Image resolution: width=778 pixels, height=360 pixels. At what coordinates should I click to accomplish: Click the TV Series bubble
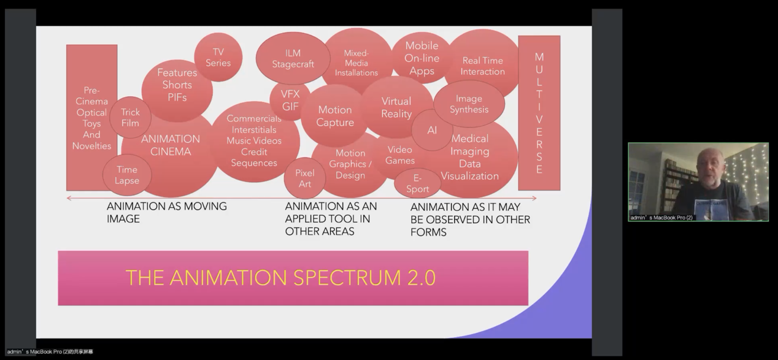[218, 57]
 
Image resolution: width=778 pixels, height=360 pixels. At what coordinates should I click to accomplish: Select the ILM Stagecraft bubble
[293, 58]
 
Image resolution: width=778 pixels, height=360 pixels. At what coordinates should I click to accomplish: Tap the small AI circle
[432, 130]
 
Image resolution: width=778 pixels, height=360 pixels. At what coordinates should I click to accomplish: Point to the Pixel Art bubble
[304, 178]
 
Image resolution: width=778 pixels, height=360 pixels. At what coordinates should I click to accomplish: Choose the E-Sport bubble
[417, 183]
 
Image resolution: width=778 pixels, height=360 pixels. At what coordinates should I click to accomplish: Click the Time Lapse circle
[127, 175]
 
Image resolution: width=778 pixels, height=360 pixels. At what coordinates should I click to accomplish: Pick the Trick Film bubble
[130, 117]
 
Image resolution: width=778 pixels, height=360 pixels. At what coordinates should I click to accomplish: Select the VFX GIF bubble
[290, 101]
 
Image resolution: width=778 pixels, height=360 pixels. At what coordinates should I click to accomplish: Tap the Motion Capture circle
[334, 116]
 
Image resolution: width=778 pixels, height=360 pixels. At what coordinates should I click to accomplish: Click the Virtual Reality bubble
[396, 107]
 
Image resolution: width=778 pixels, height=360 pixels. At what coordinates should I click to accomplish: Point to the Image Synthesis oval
[469, 104]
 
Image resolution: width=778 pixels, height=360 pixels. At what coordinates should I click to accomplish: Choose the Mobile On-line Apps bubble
[422, 58]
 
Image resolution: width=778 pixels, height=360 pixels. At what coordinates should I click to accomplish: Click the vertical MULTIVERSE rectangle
[539, 113]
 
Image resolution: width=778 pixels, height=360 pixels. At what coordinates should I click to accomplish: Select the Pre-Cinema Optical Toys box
[91, 118]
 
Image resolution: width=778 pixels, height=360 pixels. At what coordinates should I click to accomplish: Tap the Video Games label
[400, 155]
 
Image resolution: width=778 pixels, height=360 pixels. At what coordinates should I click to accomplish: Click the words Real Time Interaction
[483, 66]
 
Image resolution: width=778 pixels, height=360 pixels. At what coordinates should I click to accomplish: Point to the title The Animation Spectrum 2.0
[280, 278]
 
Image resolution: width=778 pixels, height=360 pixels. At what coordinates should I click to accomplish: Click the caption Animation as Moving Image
[166, 212]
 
